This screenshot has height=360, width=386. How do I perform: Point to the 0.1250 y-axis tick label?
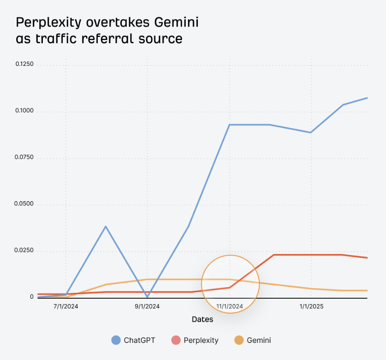[24, 64]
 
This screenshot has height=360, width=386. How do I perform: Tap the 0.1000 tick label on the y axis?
[24, 111]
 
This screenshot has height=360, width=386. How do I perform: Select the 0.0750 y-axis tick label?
[24, 157]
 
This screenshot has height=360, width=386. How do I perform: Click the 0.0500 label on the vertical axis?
[24, 204]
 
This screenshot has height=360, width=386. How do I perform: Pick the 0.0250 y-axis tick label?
[24, 251]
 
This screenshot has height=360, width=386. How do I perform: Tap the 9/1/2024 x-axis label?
[147, 306]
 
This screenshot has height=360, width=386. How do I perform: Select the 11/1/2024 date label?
[230, 306]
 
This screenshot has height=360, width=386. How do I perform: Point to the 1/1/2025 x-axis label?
[311, 306]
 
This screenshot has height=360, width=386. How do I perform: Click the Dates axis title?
[202, 319]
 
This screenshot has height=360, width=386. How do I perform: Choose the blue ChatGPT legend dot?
[116, 340]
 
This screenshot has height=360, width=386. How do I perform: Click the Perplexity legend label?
[201, 341]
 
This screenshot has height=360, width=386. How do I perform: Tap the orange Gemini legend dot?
[239, 340]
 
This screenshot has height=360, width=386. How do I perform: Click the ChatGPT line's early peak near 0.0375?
[106, 226]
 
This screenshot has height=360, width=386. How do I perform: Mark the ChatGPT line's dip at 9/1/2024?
[147, 297]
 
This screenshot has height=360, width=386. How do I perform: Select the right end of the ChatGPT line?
[367, 98]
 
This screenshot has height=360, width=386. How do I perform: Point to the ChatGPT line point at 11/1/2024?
[230, 125]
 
